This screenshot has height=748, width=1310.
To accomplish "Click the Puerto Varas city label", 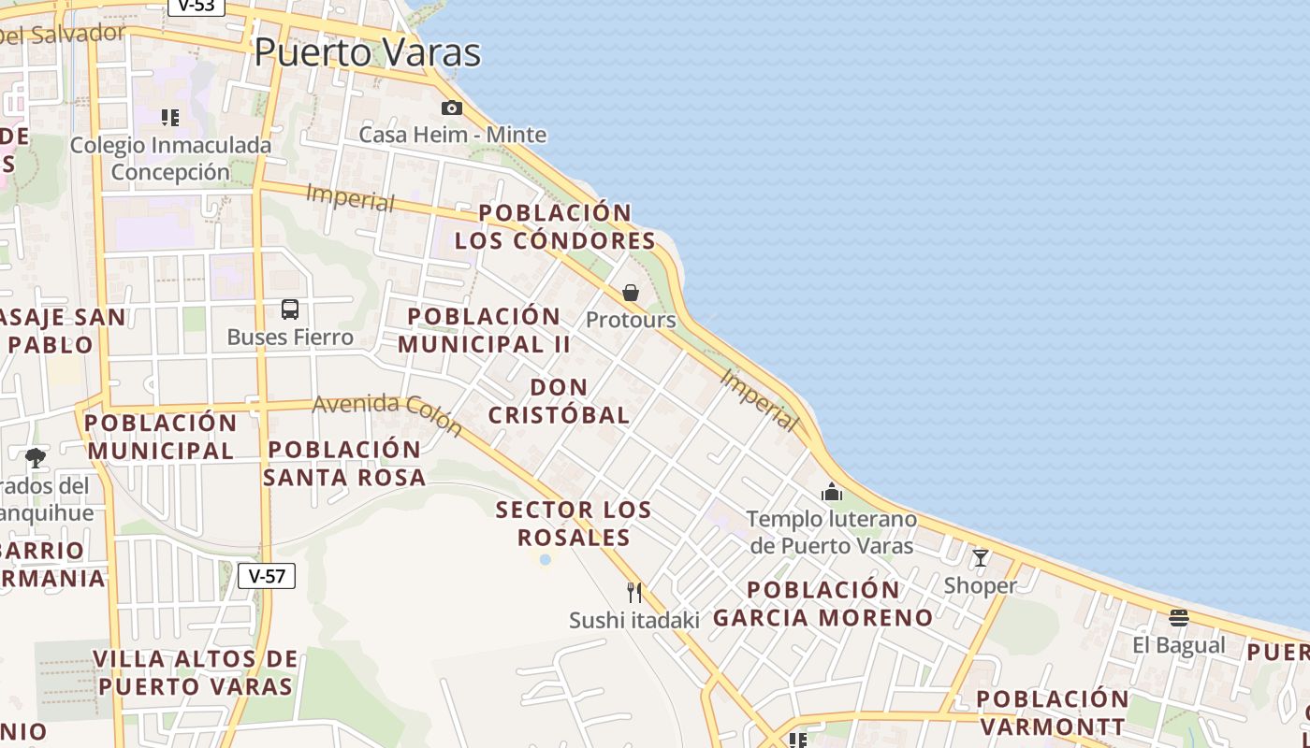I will (x=367, y=52).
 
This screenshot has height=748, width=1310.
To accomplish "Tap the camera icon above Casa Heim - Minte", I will (x=452, y=108).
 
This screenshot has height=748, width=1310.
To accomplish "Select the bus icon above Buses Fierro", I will (x=290, y=309).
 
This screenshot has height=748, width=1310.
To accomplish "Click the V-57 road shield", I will (x=267, y=576).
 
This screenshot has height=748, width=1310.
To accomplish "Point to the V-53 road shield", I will (x=196, y=6).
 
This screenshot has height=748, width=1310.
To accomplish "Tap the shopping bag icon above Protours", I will (x=631, y=293).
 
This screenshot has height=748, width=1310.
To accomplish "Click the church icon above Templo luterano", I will (x=831, y=492).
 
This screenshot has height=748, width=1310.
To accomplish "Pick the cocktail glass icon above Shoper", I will (x=980, y=558).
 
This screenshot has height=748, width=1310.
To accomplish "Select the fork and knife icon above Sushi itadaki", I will (x=634, y=593).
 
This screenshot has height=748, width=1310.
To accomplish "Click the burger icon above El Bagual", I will (x=1178, y=618).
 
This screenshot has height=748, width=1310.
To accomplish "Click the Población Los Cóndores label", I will (x=556, y=226).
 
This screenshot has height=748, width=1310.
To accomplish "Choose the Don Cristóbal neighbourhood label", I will (x=560, y=401).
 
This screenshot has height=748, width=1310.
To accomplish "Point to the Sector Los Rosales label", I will (x=574, y=524).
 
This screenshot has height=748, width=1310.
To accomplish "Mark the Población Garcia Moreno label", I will (x=823, y=604).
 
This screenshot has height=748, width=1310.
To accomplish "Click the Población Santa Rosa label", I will (x=344, y=463).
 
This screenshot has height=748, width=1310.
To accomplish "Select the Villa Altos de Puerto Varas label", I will (x=196, y=672).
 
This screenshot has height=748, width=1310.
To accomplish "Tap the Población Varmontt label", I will (x=1053, y=712).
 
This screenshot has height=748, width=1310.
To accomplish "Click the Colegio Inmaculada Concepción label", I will (x=170, y=158).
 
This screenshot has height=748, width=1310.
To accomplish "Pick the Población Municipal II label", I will (x=484, y=330).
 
